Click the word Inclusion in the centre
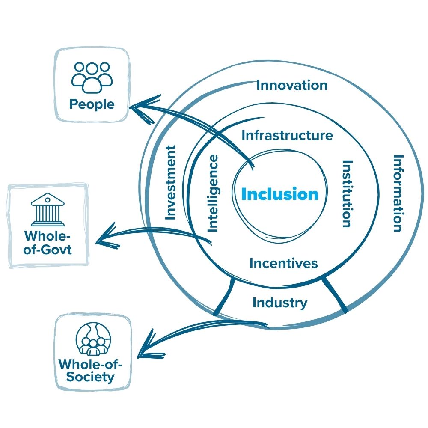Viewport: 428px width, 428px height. [x=280, y=194]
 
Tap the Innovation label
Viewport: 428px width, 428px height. [x=291, y=85]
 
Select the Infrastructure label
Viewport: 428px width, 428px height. [x=287, y=135]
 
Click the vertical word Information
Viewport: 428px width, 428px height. [x=398, y=193]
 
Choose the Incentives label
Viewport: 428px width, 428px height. [x=284, y=263]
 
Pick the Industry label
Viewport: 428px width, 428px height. [x=280, y=303]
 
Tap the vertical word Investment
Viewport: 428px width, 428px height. [x=170, y=183]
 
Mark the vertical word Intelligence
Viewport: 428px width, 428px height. [x=213, y=193]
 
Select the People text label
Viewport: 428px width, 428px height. [x=92, y=104]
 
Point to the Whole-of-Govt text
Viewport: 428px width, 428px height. [x=48, y=242]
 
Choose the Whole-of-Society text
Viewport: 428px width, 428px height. [x=93, y=371]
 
